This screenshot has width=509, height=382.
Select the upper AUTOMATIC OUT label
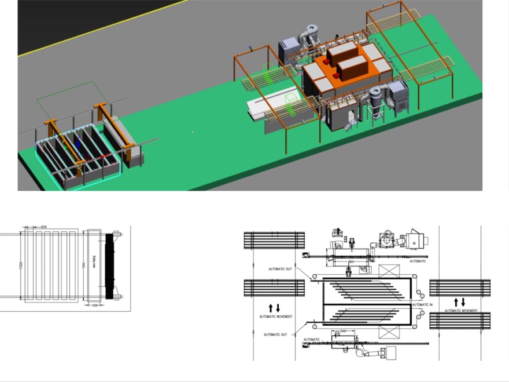click(282, 268)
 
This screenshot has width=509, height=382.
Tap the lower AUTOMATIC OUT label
click(275, 334)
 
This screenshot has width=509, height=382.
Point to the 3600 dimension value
click(351, 261)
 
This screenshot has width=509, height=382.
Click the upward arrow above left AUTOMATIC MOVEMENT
click(271, 308)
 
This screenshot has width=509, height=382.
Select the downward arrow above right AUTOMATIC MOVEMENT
click(463, 302)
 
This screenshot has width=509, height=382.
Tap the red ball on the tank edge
click(103, 157)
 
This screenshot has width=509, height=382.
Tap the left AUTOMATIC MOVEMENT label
click(276, 316)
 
